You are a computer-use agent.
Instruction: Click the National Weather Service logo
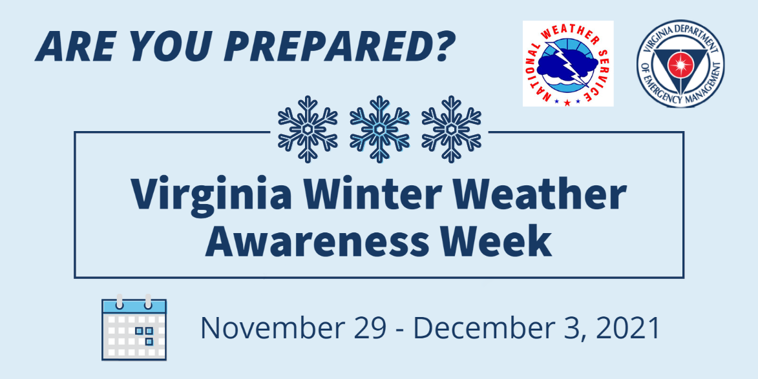point(568,63)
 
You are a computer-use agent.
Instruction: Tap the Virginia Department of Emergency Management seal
point(680,64)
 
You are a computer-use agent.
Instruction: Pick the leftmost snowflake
point(308,129)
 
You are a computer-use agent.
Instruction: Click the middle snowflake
point(379,129)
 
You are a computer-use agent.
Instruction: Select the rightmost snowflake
point(452,129)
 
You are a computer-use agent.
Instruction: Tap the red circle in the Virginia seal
point(680,64)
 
